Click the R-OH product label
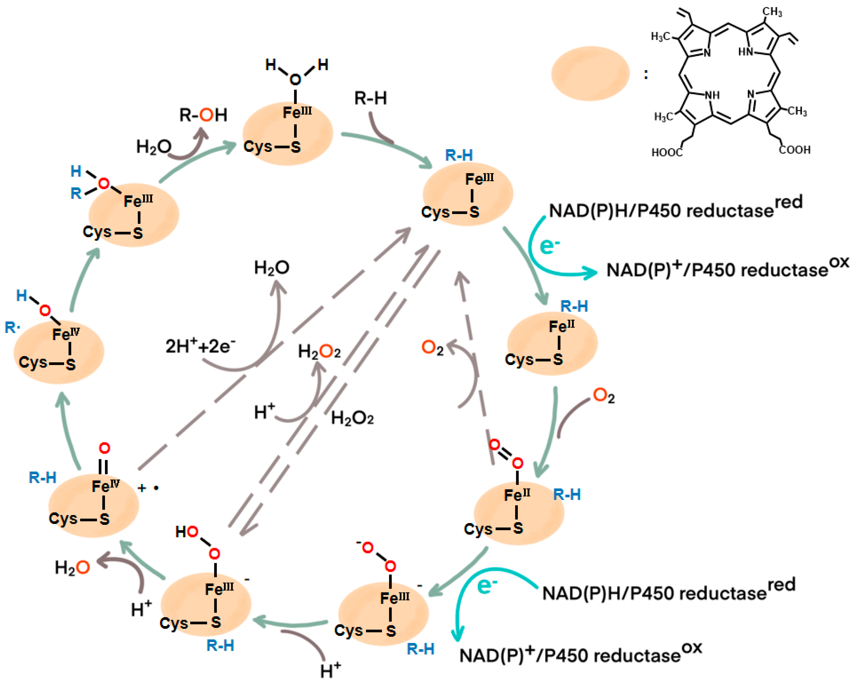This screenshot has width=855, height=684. pyautogui.click(x=203, y=115)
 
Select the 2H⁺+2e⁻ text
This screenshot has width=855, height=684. pyautogui.click(x=200, y=346)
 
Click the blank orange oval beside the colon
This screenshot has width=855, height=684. pyautogui.click(x=590, y=73)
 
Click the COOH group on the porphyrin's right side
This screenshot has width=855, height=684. pyautogui.click(x=794, y=150)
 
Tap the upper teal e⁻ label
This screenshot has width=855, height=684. pyautogui.click(x=549, y=246)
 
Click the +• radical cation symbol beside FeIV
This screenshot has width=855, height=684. pyautogui.click(x=148, y=488)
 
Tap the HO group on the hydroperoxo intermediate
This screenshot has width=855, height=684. pyautogui.click(x=187, y=532)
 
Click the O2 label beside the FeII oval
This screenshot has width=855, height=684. pyautogui.click(x=603, y=396)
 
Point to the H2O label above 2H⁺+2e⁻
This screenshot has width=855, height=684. pyautogui.click(x=272, y=268)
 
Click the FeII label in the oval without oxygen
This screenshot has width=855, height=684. pyautogui.click(x=561, y=327)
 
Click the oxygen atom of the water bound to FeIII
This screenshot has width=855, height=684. pyautogui.click(x=295, y=80)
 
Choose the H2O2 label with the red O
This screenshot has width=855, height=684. pyautogui.click(x=319, y=351)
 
